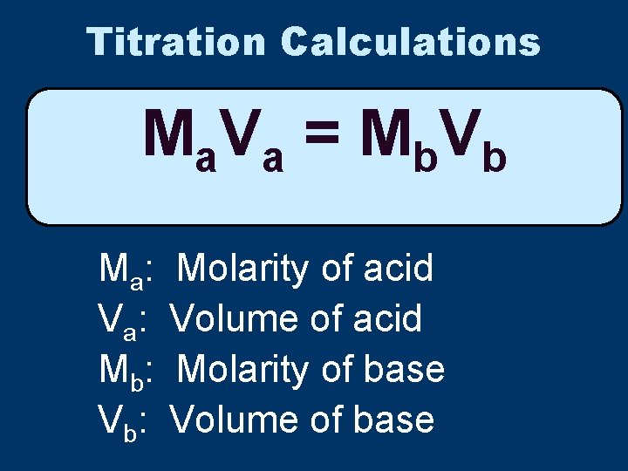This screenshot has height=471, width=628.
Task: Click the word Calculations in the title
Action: click(411, 41)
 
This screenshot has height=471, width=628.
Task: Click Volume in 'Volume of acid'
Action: click(234, 319)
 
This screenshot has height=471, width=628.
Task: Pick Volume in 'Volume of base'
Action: click(234, 420)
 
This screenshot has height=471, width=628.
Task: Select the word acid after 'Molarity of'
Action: click(398, 269)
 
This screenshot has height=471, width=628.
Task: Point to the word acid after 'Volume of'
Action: click(387, 319)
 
